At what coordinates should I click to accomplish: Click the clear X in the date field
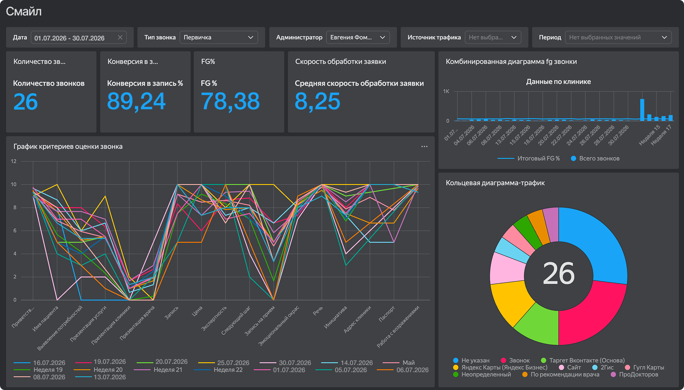click(120, 37)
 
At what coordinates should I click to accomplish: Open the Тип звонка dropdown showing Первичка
click(218, 37)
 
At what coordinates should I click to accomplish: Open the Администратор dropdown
click(358, 37)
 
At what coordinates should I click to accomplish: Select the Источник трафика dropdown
click(493, 37)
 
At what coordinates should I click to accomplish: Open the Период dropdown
click(618, 37)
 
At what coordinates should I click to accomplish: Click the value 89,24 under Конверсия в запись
click(136, 101)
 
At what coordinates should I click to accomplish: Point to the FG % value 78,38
click(230, 101)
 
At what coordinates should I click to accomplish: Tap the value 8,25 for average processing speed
click(317, 101)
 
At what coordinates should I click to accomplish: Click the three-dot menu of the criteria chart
click(424, 147)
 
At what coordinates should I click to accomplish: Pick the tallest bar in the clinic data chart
click(642, 110)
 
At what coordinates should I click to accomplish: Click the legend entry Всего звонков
click(595, 159)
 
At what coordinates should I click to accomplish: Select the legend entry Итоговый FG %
click(529, 159)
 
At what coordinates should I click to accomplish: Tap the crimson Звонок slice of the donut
click(594, 313)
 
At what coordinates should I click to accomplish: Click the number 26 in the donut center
click(559, 273)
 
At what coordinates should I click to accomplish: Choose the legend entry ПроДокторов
click(635, 375)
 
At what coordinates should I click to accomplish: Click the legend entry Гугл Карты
click(644, 367)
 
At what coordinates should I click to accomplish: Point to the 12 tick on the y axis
click(14, 161)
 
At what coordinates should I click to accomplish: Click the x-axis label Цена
click(197, 311)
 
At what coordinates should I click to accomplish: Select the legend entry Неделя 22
click(218, 370)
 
